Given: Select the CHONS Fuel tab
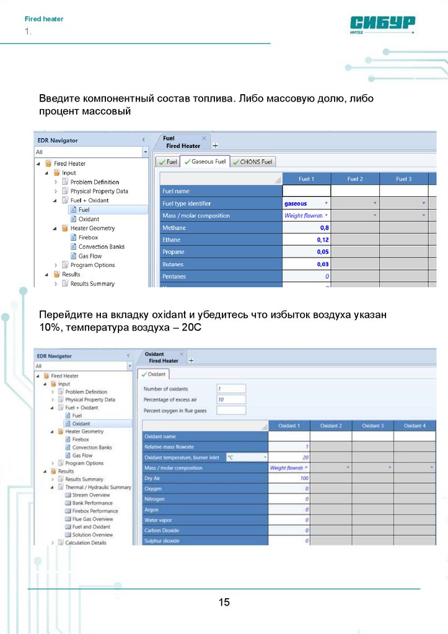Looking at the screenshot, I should click(253, 162).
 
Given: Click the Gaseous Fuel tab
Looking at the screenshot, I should click(204, 162).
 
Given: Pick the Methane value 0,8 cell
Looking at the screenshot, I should click(306, 228).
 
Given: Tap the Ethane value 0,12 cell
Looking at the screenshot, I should click(306, 240).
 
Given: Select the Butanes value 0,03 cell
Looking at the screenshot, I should click(306, 264).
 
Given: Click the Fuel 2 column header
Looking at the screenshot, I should click(354, 179).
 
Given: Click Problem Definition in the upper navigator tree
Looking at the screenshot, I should click(94, 182).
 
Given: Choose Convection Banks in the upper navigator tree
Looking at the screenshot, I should click(101, 246).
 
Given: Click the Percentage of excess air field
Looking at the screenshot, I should click(231, 399).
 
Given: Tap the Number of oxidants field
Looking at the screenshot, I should click(231, 389).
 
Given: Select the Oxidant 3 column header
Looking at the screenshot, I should click(372, 426).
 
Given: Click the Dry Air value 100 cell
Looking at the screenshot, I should click(289, 479).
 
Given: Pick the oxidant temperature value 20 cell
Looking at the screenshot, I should click(289, 458).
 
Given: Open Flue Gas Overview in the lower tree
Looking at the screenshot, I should click(92, 519).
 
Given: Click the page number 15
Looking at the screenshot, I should click(224, 602).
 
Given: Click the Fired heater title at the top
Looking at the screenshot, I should click(44, 19).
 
